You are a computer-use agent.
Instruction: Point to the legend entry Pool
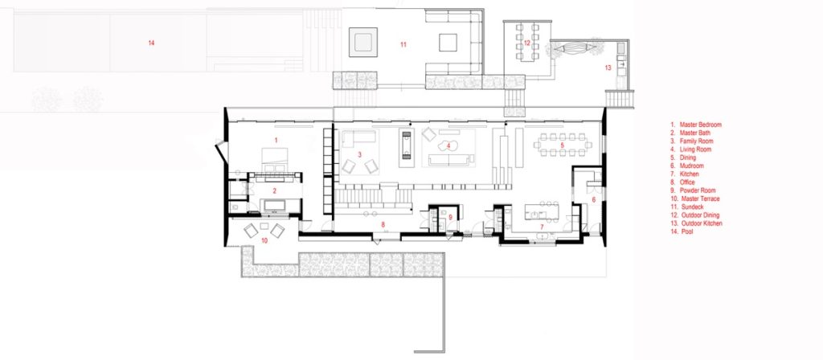coord(682,231)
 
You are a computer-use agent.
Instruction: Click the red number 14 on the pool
coord(151,43)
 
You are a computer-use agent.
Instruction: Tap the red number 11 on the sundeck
coord(403,45)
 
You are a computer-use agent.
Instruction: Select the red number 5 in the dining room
coord(562,145)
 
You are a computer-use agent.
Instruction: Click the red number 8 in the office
coord(383,225)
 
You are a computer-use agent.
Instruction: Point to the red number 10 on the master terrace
coord(264,241)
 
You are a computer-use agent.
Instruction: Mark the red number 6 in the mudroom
coord(594,200)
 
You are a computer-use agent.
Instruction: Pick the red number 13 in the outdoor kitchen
coord(608,67)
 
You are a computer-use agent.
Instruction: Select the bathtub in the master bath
coord(274,205)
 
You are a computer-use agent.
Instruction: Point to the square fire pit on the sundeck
coord(362,42)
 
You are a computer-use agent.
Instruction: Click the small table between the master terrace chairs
coord(264,226)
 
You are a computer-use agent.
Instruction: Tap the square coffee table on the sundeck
coord(448,43)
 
